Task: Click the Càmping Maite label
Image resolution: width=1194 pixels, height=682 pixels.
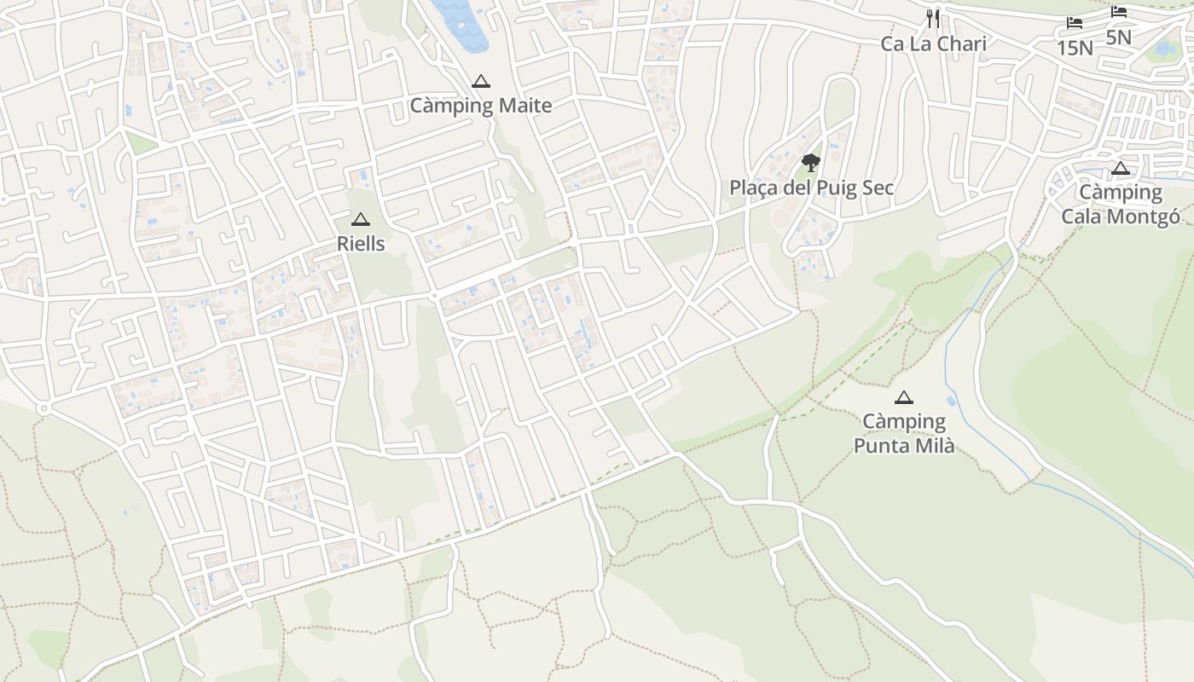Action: pos(481,106)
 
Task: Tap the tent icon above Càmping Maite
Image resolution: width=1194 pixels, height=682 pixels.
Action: pos(481,82)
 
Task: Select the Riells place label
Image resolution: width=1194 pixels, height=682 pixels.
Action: pos(361,244)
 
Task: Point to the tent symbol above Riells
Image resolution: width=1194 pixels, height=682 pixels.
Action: pos(361,220)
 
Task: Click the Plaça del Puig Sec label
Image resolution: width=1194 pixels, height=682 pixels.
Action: pos(811,188)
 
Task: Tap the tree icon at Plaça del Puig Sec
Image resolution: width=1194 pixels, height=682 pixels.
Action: pos(811,162)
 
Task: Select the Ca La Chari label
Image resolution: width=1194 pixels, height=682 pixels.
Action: pos(933,43)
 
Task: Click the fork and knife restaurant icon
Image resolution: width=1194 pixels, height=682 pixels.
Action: pos(933,19)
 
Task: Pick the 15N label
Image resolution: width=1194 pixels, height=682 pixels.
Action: pos(1075,48)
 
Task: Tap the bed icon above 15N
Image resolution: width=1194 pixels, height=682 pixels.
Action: pos(1075,23)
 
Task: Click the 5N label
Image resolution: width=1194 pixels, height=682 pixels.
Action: pos(1118,38)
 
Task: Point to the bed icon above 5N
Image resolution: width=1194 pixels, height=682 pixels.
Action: pos(1119,12)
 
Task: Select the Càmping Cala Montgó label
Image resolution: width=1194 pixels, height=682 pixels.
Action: pos(1121,205)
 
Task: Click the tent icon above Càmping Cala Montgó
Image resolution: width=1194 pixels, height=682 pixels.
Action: pos(1121,169)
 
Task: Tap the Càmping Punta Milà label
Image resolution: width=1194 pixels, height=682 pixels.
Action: pos(904,433)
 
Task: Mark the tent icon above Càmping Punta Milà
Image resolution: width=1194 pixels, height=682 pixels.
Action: pos(904,397)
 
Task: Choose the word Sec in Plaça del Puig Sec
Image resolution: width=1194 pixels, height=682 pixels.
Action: pos(876,188)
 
